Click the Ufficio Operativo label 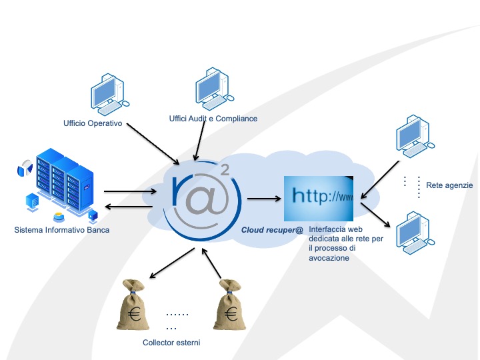[x=93, y=123]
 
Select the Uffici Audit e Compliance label [x=213, y=119]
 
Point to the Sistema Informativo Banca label [x=61, y=231]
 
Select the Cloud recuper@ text [x=271, y=231]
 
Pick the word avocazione [x=329, y=258]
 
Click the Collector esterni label [x=171, y=343]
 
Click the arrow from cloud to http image [x=263, y=199]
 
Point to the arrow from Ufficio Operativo [x=154, y=143]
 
